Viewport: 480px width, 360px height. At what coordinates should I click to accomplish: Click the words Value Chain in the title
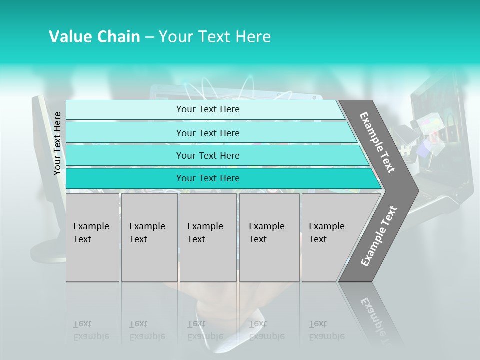click(94, 37)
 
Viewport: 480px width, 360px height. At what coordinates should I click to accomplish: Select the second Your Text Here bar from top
click(207, 133)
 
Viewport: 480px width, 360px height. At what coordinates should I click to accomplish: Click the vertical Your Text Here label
click(57, 144)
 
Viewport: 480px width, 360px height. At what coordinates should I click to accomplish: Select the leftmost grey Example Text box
click(92, 237)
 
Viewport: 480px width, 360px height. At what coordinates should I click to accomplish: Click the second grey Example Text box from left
click(149, 237)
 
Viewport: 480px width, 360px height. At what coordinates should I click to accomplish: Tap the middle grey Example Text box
click(208, 237)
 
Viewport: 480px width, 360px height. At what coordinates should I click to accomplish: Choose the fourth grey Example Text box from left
click(269, 237)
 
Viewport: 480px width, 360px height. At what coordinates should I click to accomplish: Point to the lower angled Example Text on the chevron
click(378, 236)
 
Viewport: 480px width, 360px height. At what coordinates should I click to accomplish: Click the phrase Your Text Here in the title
click(215, 37)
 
